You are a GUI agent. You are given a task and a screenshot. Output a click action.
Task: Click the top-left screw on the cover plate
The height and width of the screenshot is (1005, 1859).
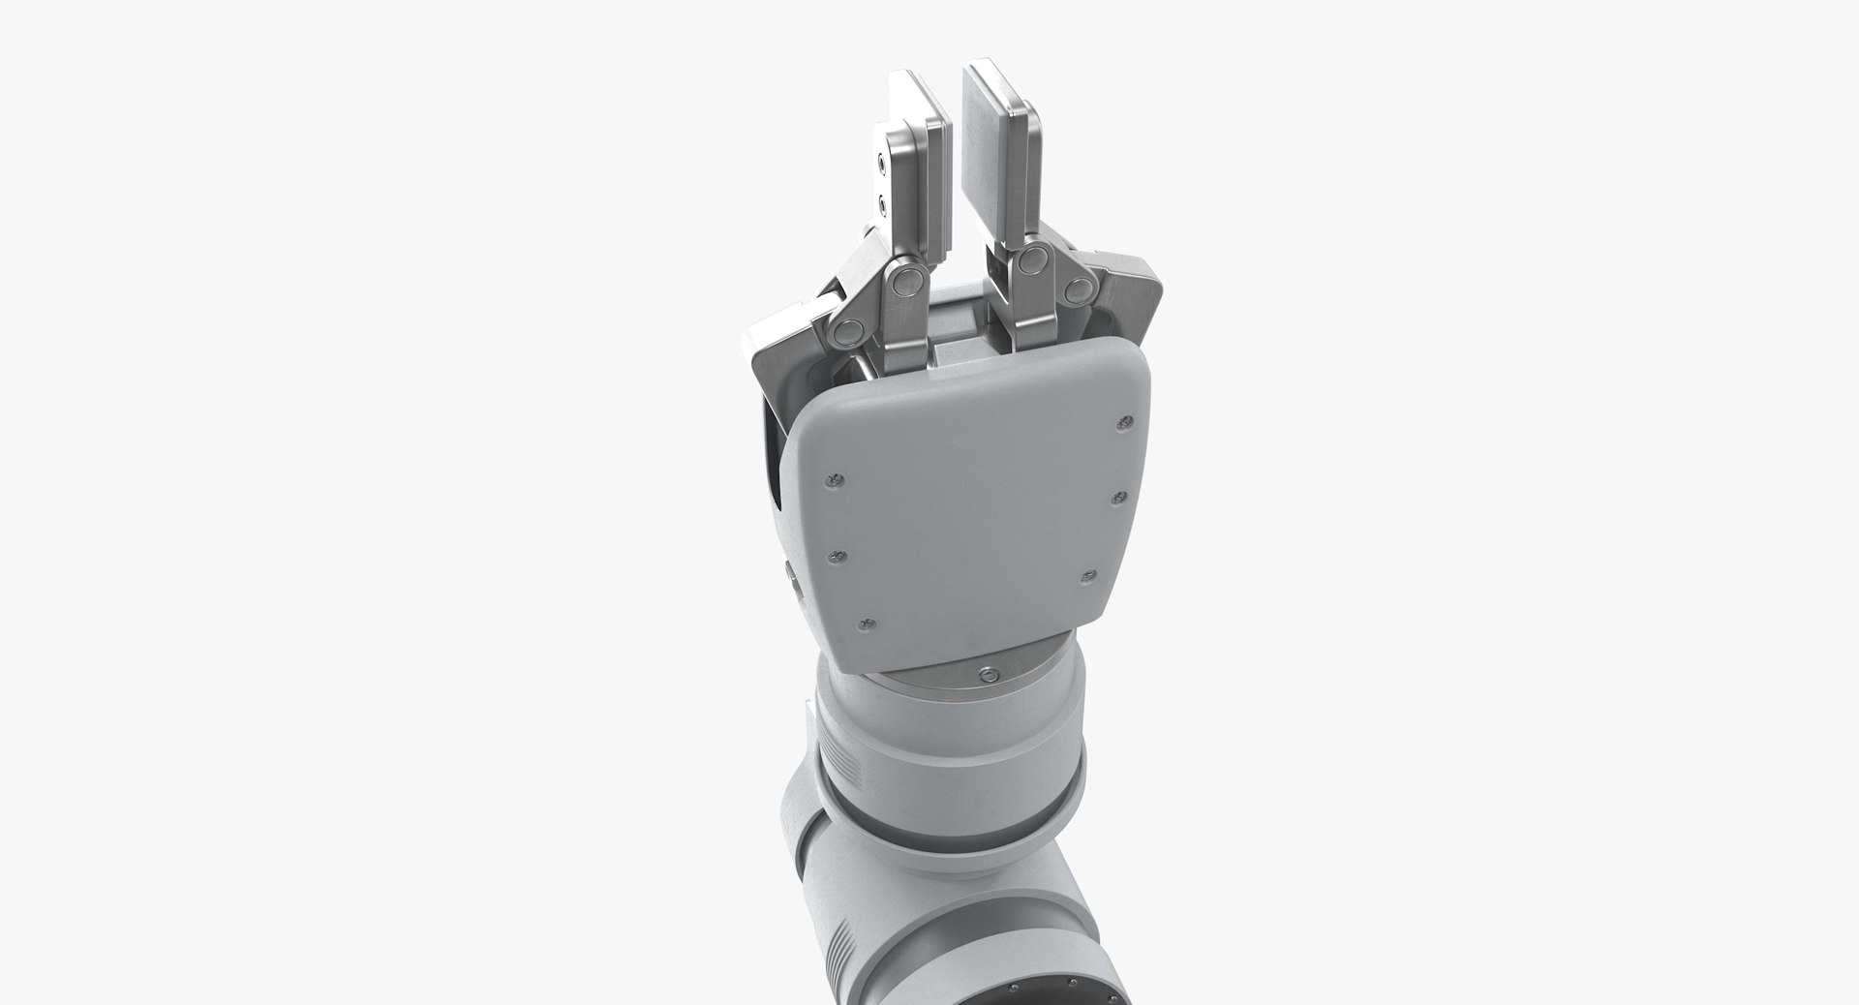[832, 480]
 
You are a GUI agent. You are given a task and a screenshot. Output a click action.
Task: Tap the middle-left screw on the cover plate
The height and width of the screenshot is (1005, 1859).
[838, 556]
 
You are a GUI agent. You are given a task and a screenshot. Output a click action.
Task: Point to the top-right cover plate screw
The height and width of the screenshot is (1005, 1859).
[1124, 421]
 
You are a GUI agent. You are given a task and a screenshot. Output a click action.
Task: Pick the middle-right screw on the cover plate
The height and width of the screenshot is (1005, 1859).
[1116, 498]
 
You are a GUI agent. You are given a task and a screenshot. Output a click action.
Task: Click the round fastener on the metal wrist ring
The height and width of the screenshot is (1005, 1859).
[987, 674]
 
